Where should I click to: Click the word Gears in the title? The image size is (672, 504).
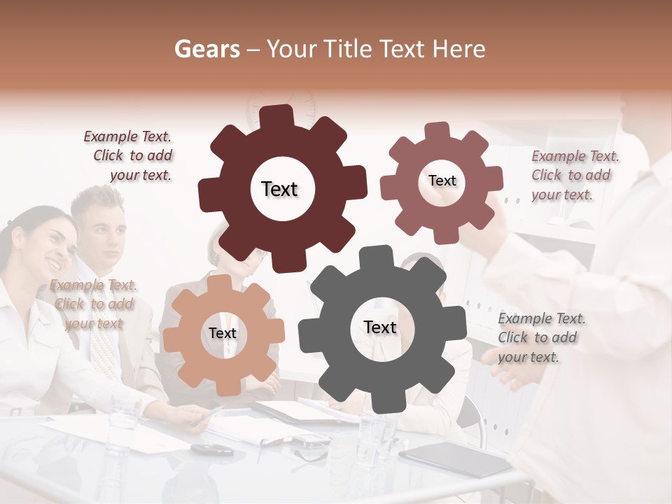pyautogui.click(x=206, y=49)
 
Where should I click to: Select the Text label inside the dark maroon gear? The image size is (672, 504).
pyautogui.click(x=279, y=189)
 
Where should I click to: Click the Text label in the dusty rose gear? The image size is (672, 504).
pyautogui.click(x=442, y=181)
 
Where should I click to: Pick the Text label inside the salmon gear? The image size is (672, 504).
pyautogui.click(x=223, y=334)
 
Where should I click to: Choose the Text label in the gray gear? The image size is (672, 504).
pyautogui.click(x=380, y=328)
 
